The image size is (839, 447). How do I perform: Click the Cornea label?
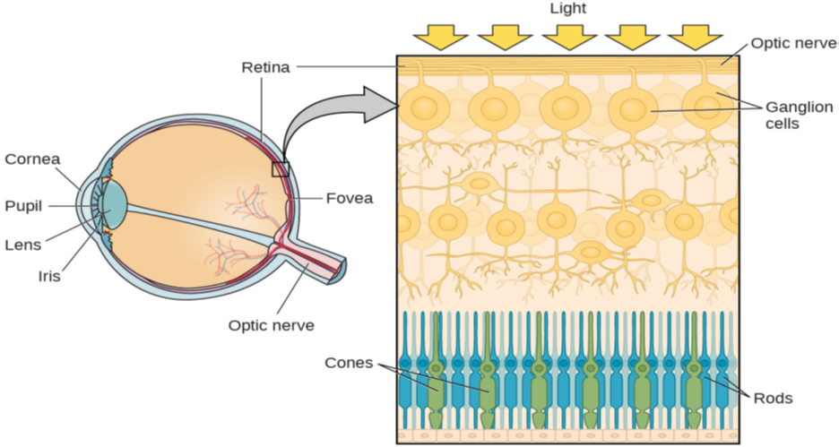coord(32,159)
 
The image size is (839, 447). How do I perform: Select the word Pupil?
coord(23,205)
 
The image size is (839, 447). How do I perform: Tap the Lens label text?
coord(22,244)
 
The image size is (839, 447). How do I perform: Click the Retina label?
coord(265,67)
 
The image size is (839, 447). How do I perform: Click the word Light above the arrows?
coord(567,8)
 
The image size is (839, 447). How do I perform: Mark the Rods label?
coord(774,398)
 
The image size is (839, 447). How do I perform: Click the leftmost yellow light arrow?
coord(440,37)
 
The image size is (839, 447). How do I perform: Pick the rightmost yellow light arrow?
coord(696,37)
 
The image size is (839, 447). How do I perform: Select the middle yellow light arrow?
coord(568,37)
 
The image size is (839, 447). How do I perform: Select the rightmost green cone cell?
coord(693,376)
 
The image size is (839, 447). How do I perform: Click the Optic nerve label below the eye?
coord(271,325)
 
